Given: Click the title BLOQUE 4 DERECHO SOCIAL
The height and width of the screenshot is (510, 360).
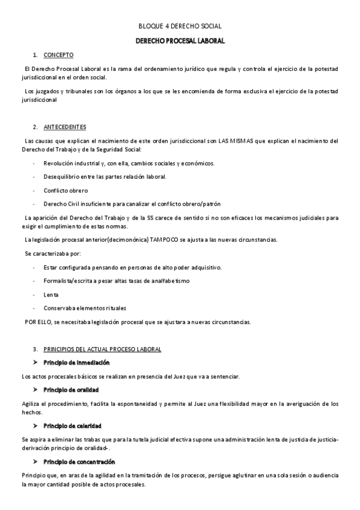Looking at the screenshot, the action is [x=180, y=26].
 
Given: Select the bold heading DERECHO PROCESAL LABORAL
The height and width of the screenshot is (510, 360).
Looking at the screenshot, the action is [x=180, y=40].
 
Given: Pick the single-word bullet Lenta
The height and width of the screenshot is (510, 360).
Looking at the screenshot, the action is [x=51, y=295].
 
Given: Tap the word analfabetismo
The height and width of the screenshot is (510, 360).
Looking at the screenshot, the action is [x=171, y=281].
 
